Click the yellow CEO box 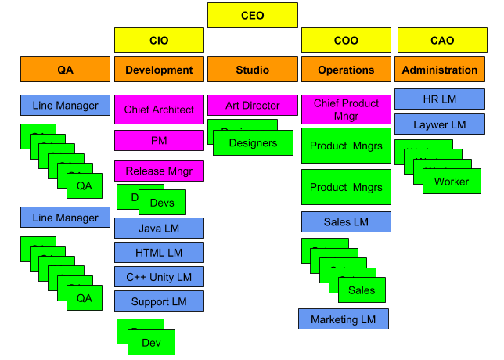pos(252,16)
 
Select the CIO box pos(159,41)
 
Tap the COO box pos(346,41)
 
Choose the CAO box pos(441,41)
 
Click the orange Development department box pos(159,70)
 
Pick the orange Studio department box pos(252,70)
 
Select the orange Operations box pos(346,70)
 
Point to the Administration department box pos(439,70)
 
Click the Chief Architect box pos(159,110)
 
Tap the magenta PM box pos(159,141)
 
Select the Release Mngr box pos(159,171)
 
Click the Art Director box pos(252,105)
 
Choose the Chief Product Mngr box pos(346,110)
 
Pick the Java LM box pos(159,228)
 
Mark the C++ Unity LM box pos(159,276)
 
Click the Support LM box pos(159,301)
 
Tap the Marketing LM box pos(344,319)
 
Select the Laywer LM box pos(439,124)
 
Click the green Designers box pos(253,143)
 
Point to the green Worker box pos(452,182)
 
